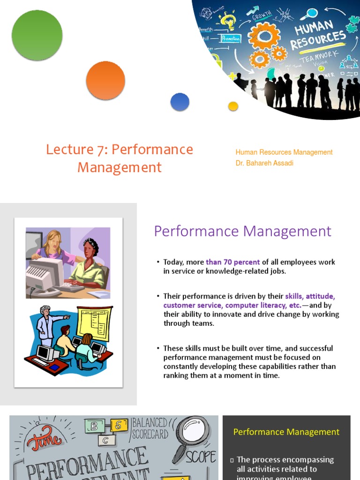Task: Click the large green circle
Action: [x=37, y=35]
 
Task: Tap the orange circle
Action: [x=105, y=80]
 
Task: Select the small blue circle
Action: [x=180, y=102]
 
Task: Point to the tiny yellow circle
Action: [x=233, y=106]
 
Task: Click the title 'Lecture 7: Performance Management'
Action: [x=120, y=158]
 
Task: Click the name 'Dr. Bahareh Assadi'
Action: [x=264, y=163]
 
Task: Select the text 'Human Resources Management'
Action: [x=284, y=152]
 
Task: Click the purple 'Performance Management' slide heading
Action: [x=242, y=231]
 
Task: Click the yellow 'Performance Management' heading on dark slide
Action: [x=286, y=432]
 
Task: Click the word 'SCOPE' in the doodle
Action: [x=201, y=457]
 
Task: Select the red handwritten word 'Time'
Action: [x=45, y=439]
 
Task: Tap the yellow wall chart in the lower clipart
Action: [x=95, y=323]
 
